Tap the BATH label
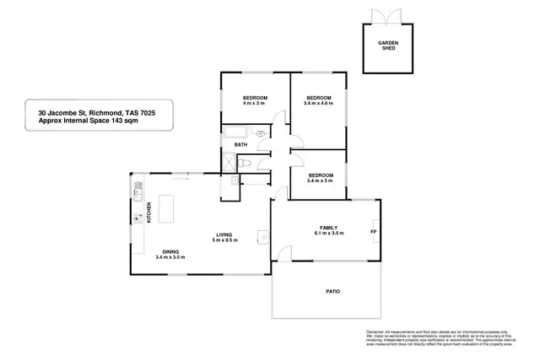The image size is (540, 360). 240,145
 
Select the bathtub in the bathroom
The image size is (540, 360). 234,132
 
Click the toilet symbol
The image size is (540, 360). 260,133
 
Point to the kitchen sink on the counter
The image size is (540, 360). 137,218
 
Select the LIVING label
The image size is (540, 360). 224,235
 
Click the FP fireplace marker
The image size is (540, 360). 372,232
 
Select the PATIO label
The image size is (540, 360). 333,292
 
